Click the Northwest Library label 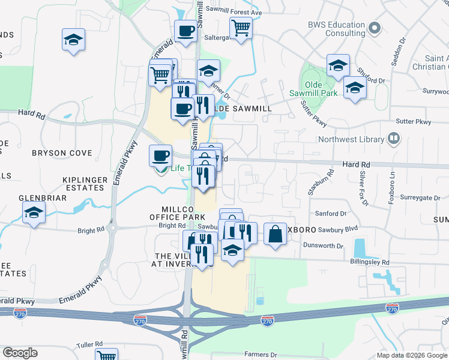tap(351, 140)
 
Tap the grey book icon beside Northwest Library tap(394, 139)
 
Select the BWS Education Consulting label tap(336, 29)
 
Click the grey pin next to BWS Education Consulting tap(375, 28)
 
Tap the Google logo tap(20, 353)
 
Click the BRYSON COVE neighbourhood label tap(58, 153)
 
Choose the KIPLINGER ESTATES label tap(85, 184)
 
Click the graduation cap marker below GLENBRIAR tap(34, 213)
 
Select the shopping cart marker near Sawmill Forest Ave tap(241, 27)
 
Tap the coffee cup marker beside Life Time tap(160, 155)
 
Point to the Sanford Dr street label tap(331, 213)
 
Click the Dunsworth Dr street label tap(323, 246)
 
